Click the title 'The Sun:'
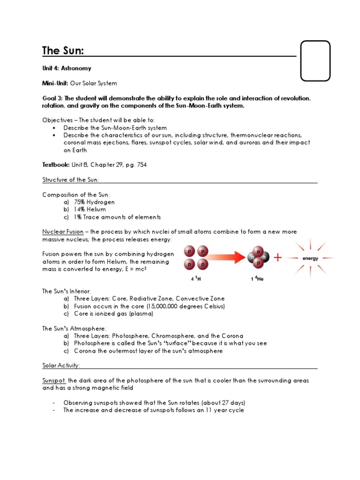(x=63, y=51)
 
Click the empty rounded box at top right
(x=315, y=61)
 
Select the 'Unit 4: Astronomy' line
(x=67, y=68)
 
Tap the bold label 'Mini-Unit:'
(x=55, y=83)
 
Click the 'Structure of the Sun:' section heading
(x=71, y=180)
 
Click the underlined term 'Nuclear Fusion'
(x=63, y=232)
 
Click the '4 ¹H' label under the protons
(x=196, y=278)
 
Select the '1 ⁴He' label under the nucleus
(x=255, y=278)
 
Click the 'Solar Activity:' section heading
(x=61, y=365)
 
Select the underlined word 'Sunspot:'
(x=54, y=380)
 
